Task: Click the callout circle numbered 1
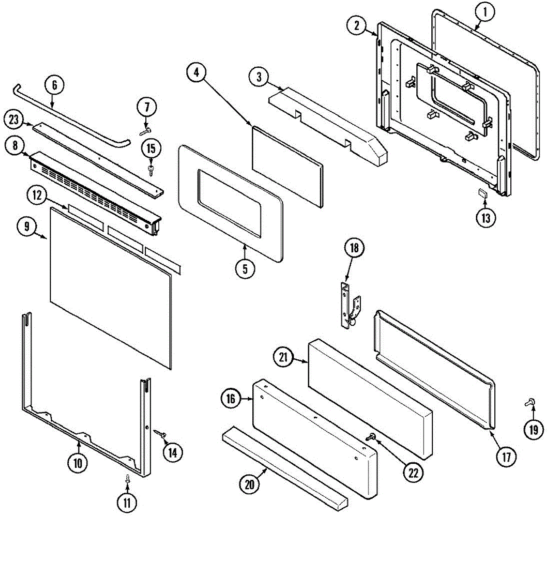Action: click(485, 13)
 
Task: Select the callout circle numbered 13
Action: click(486, 218)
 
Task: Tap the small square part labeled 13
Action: click(482, 193)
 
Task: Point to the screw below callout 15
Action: click(151, 168)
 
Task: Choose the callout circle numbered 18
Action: click(354, 248)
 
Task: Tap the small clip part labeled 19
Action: click(529, 401)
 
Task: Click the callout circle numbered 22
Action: click(413, 472)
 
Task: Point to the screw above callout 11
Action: click(127, 479)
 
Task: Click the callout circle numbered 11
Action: click(126, 503)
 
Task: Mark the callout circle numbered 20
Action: click(250, 485)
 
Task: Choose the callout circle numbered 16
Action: click(231, 398)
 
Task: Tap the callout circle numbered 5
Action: click(245, 269)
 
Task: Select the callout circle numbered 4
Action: click(196, 73)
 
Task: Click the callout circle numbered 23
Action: click(14, 120)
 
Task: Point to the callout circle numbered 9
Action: click(28, 226)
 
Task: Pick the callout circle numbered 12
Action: click(37, 196)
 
